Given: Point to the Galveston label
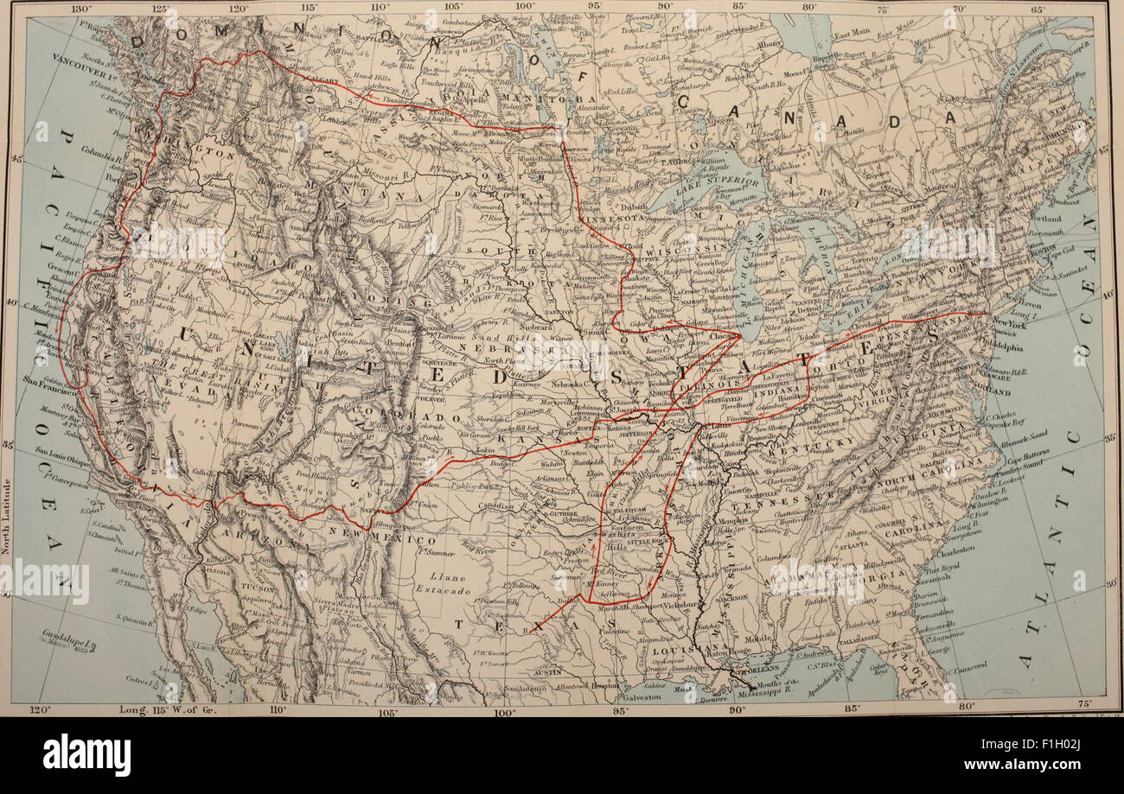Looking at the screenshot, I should click(642, 696).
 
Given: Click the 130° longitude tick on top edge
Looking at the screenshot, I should click(81, 9).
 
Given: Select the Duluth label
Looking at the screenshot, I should click(634, 207).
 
